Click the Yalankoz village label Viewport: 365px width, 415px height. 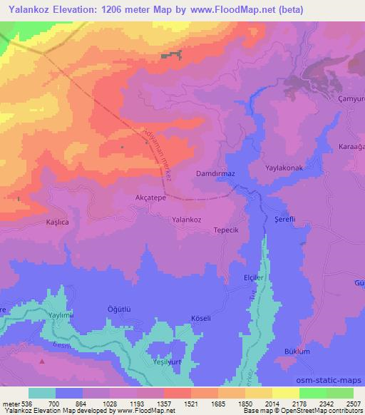pyautogui.click(x=191, y=220)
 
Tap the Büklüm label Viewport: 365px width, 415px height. pyautogui.click(x=297, y=352)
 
